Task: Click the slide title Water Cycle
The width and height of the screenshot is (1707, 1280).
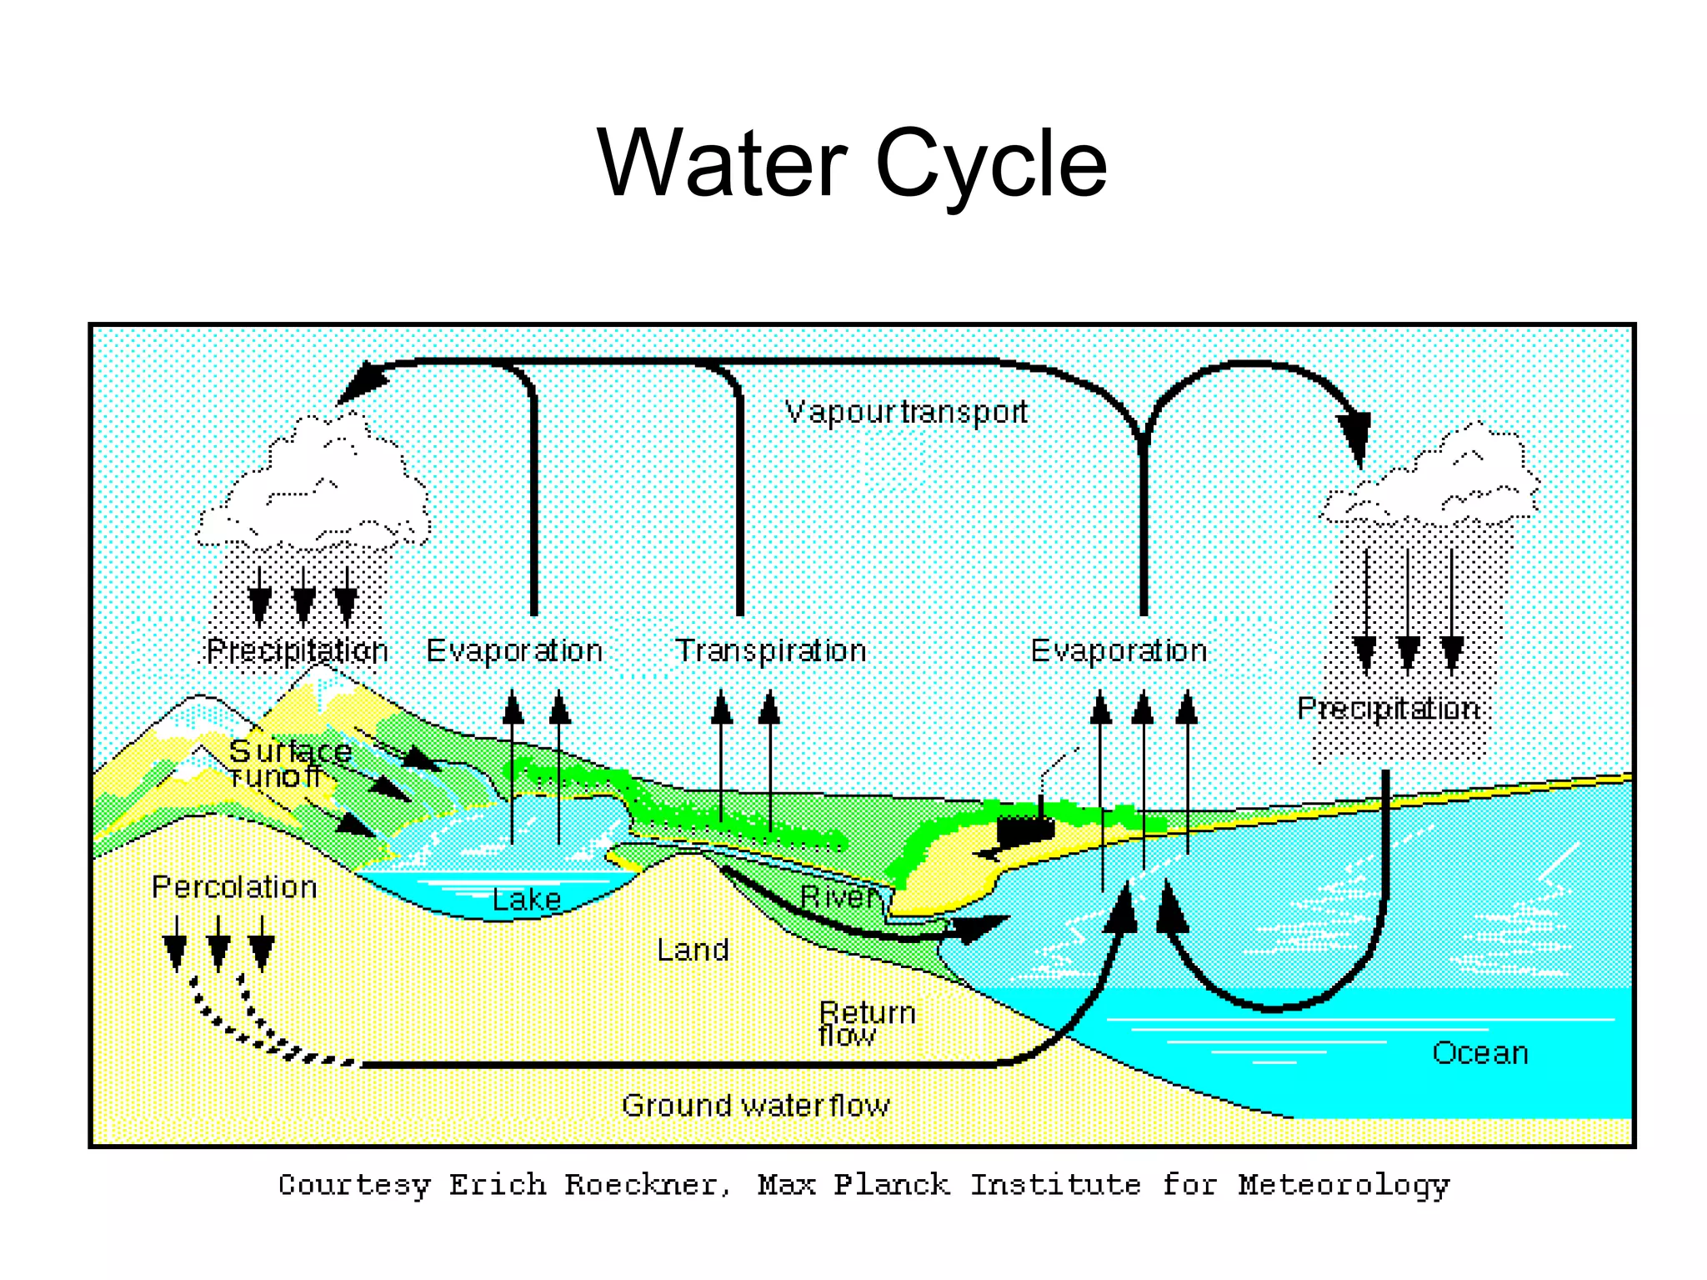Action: point(852,163)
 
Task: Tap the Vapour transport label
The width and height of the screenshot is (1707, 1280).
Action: point(906,412)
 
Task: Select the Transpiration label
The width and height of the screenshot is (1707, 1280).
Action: point(770,650)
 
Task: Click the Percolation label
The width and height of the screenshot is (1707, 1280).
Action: point(234,886)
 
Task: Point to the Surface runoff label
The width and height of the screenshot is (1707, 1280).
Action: point(288,764)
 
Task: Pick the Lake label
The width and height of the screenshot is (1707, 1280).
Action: point(527,899)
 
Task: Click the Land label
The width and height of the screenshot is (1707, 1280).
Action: point(693,950)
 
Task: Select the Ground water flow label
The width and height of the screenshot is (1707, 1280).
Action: point(755,1105)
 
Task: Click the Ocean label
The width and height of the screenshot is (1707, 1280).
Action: point(1479,1052)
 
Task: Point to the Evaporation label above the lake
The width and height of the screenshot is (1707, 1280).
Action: point(514,650)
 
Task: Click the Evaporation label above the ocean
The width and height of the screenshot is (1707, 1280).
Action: point(1119,650)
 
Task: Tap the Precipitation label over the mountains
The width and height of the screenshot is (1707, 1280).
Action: point(297,650)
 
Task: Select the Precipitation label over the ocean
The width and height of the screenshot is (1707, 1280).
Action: point(1388,708)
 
